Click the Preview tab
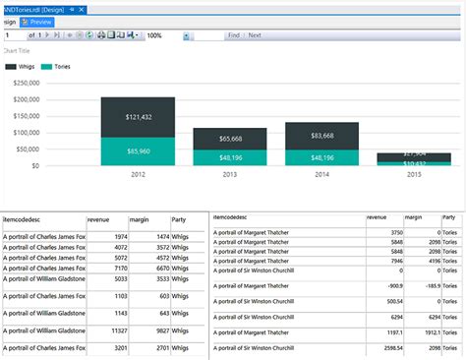pyautogui.click(x=37, y=22)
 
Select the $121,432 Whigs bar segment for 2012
pyautogui.click(x=138, y=117)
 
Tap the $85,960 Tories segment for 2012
pyautogui.click(x=138, y=151)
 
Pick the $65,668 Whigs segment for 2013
pyautogui.click(x=229, y=139)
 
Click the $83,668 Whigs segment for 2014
pyautogui.click(x=321, y=135)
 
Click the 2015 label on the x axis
pyautogui.click(x=413, y=173)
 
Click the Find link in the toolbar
pyautogui.click(x=234, y=35)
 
